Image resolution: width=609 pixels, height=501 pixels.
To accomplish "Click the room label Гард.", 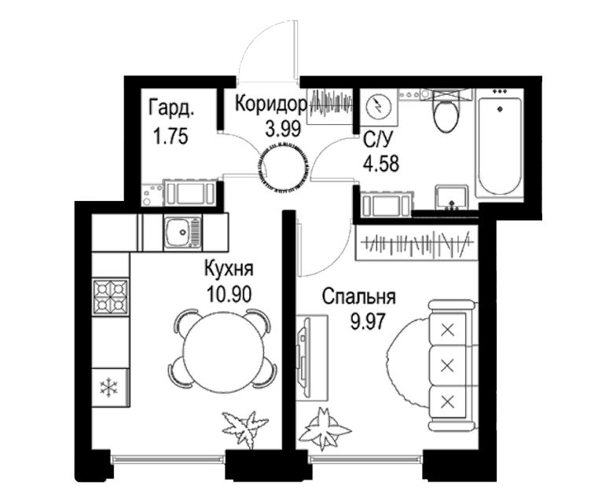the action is (x=171, y=108).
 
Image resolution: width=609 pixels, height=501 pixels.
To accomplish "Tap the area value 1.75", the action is (x=171, y=137).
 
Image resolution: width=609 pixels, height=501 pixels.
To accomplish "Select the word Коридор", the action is (x=271, y=104).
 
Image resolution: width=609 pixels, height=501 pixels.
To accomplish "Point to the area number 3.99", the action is (x=283, y=129).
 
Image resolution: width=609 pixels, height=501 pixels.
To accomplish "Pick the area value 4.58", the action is (x=381, y=163).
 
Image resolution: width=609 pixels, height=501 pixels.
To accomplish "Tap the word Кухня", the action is (x=229, y=269).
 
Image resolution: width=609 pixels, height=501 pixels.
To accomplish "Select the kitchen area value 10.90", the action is (x=229, y=294).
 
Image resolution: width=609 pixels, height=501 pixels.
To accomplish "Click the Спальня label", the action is (x=359, y=297).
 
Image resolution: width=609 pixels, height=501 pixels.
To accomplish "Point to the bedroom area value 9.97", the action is (x=368, y=321).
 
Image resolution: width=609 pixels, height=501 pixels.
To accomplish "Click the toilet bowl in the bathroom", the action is (x=446, y=112).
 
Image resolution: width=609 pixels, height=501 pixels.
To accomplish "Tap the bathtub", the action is (x=499, y=146).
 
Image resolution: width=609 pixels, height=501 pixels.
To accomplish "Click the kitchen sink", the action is (x=183, y=232).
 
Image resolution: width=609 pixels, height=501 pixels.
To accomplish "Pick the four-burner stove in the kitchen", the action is (x=111, y=297).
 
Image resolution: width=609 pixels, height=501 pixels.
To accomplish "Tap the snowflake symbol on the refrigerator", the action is (x=108, y=388).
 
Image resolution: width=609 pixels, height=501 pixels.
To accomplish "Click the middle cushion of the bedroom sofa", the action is (x=448, y=365).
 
